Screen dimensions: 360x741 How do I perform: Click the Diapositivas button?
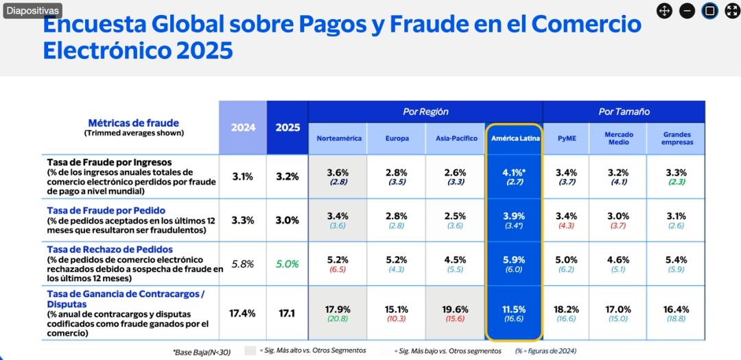click(32, 11)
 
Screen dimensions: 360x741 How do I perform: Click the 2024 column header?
click(243, 128)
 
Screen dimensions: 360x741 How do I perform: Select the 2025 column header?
click(287, 128)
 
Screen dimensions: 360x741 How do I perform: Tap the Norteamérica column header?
click(339, 139)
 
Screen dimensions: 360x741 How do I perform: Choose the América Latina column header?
click(515, 139)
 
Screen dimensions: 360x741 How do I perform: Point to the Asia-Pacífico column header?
click(456, 139)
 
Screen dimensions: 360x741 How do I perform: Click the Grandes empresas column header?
click(677, 139)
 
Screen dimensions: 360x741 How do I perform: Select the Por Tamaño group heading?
click(624, 111)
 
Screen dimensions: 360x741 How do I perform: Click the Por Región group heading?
click(425, 111)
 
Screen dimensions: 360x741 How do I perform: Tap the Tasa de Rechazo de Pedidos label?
click(110, 250)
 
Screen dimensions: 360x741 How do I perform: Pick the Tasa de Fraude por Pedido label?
click(106, 210)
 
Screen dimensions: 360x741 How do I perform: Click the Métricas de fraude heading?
click(134, 123)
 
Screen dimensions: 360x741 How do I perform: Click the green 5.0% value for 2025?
click(287, 263)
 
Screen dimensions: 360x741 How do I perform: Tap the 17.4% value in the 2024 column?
click(242, 313)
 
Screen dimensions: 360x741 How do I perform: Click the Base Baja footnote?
click(202, 352)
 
